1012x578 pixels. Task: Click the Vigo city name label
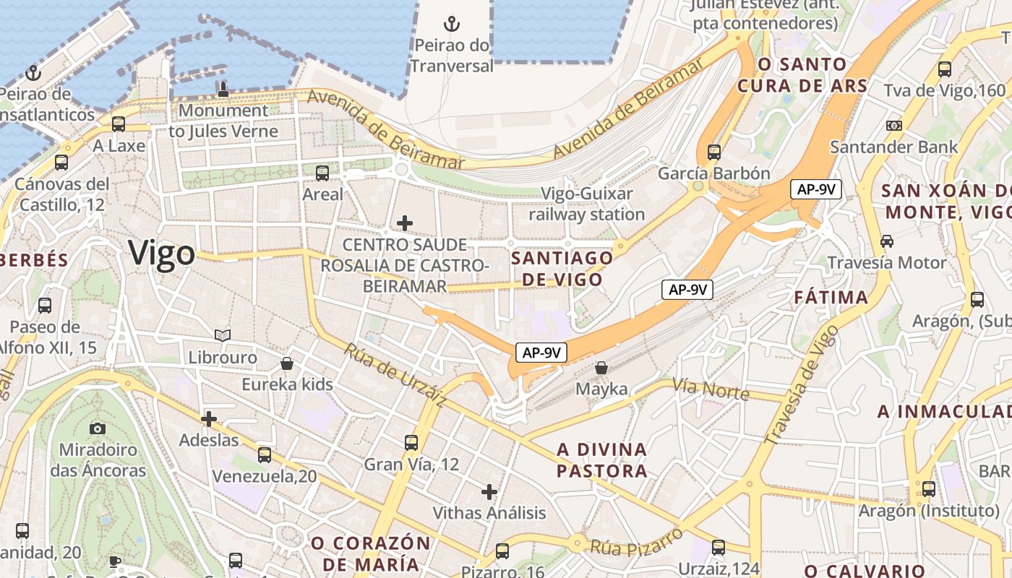point(162,254)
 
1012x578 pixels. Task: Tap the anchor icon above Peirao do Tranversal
point(452,24)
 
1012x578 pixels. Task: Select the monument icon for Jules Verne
point(223,89)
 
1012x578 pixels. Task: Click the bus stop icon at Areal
point(322,173)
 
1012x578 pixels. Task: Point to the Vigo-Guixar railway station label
point(587,204)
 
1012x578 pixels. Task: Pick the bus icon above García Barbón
point(714,152)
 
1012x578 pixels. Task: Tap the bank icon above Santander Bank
point(894,125)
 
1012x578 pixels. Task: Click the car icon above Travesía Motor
point(887,241)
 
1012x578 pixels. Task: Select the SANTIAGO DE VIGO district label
point(562,268)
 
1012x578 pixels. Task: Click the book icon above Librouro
point(223,335)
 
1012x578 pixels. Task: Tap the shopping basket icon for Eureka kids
point(287,363)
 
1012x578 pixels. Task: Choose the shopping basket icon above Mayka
point(601,368)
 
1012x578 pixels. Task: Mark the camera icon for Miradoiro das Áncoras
point(98,428)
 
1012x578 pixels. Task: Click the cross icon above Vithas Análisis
point(489,492)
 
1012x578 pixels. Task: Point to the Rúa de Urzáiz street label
point(395,374)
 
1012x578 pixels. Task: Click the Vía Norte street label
point(711,388)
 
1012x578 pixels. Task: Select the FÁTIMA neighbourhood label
point(831,297)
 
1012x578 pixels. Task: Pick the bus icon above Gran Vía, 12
point(411,442)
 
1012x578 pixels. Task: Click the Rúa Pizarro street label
point(637,541)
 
